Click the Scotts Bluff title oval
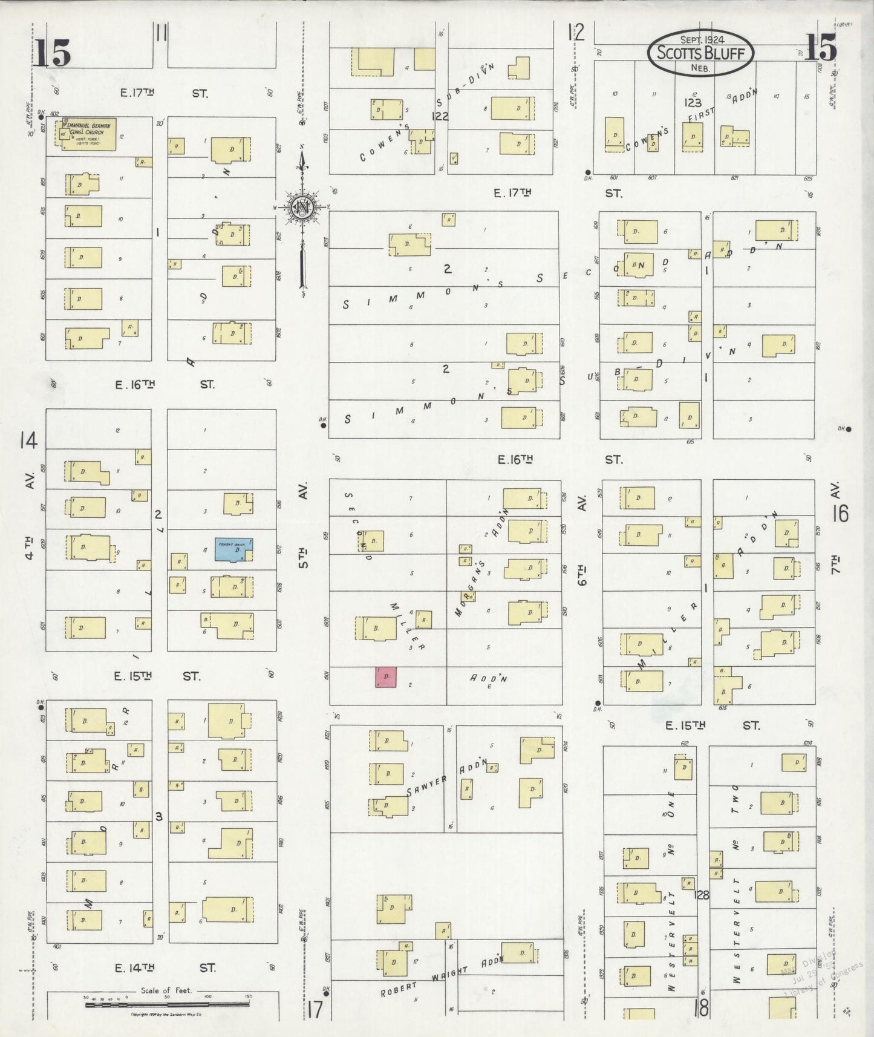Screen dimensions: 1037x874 [x=700, y=53]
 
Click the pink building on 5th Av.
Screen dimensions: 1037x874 [x=386, y=677]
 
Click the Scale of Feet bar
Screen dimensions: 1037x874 [x=166, y=1004]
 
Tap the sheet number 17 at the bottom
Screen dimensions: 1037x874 [x=315, y=1010]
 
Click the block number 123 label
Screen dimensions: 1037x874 [x=692, y=103]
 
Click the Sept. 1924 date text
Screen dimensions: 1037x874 [x=701, y=39]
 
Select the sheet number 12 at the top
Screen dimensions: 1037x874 [x=576, y=31]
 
